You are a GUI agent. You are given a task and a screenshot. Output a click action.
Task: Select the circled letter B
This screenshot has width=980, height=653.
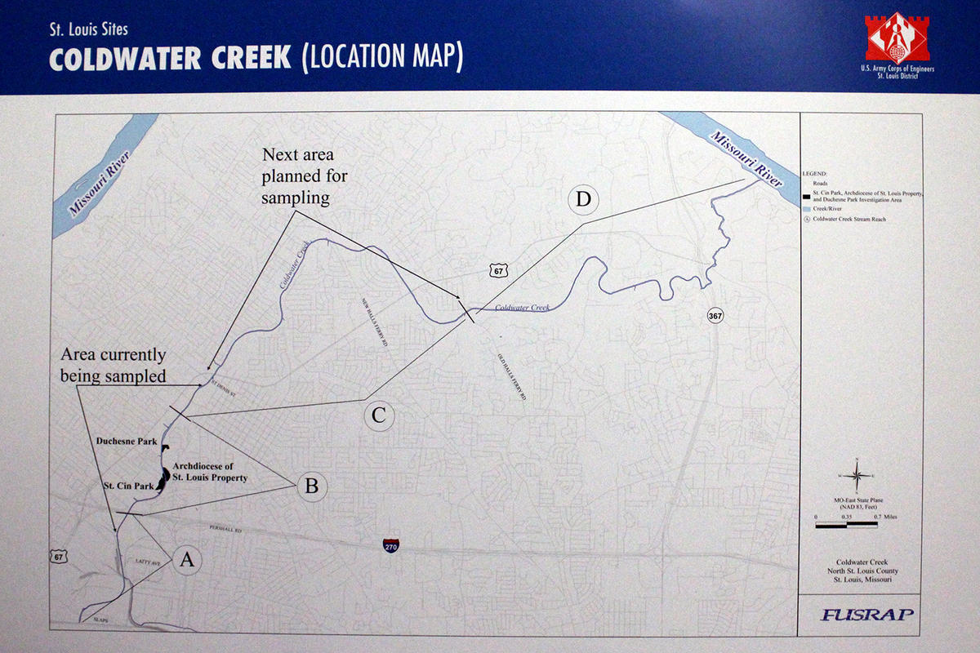311,486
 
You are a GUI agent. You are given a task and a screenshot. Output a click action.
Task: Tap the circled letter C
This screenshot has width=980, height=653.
378,415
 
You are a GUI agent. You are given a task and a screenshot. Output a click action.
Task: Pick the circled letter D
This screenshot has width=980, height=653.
585,200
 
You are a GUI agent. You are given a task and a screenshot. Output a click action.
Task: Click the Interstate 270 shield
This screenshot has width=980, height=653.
391,545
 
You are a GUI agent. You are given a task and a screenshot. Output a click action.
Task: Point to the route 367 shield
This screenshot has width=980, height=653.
715,315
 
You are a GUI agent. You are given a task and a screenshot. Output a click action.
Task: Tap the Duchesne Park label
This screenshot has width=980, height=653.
126,441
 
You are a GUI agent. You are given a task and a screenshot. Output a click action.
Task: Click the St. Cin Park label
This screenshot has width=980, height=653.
128,486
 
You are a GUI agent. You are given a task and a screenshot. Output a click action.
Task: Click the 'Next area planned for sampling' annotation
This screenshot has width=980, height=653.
298,176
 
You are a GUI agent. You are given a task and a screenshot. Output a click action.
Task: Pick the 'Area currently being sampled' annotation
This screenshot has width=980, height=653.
114,365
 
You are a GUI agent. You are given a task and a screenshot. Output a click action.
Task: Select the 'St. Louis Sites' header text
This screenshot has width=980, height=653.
87,30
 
